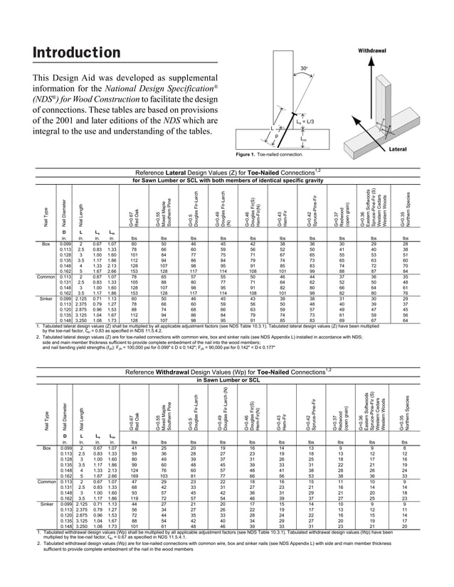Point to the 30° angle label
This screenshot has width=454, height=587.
tap(304, 68)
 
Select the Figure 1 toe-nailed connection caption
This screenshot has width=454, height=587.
tap(273, 154)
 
